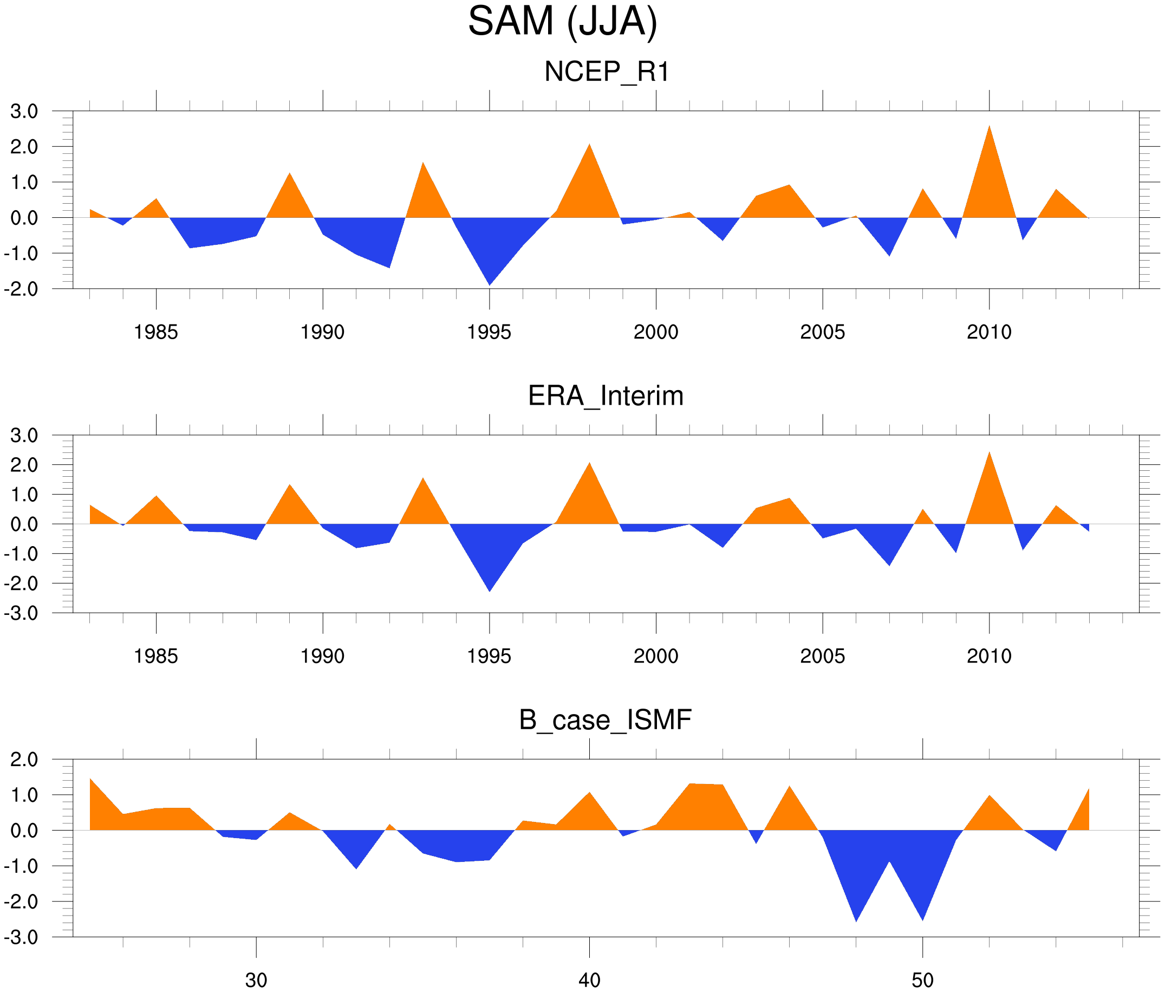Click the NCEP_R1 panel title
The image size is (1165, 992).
tap(607, 72)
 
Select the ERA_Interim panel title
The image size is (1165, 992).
tap(606, 396)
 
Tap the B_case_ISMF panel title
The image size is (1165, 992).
tap(605, 720)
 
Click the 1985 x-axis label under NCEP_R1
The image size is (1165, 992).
tap(156, 332)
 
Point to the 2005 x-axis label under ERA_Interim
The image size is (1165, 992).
tap(822, 656)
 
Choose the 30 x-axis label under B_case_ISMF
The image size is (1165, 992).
tap(256, 980)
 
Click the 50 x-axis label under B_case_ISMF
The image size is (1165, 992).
tap(923, 980)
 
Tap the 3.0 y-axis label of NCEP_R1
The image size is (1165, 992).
tap(24, 112)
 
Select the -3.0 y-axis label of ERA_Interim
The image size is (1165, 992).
tap(21, 613)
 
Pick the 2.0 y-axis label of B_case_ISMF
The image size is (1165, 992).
tap(24, 759)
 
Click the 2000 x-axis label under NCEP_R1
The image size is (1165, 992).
tap(655, 332)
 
